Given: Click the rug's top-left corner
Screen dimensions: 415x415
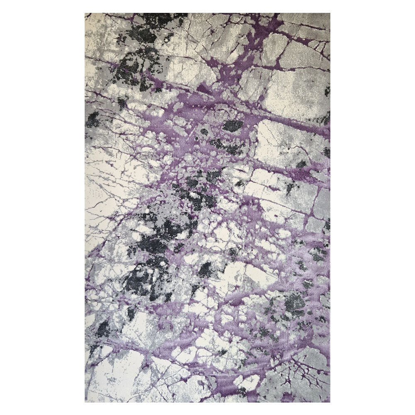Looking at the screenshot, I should tap(85, 14).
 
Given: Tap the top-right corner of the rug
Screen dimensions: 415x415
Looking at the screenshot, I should tap(330, 14).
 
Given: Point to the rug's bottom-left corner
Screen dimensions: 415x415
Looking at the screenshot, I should tap(85, 402).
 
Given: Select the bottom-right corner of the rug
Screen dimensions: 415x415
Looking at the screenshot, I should tap(330, 402).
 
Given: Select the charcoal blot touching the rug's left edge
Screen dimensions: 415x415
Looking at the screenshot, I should tap(92, 120).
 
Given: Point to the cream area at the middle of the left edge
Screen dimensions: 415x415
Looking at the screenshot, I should tap(100, 195).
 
